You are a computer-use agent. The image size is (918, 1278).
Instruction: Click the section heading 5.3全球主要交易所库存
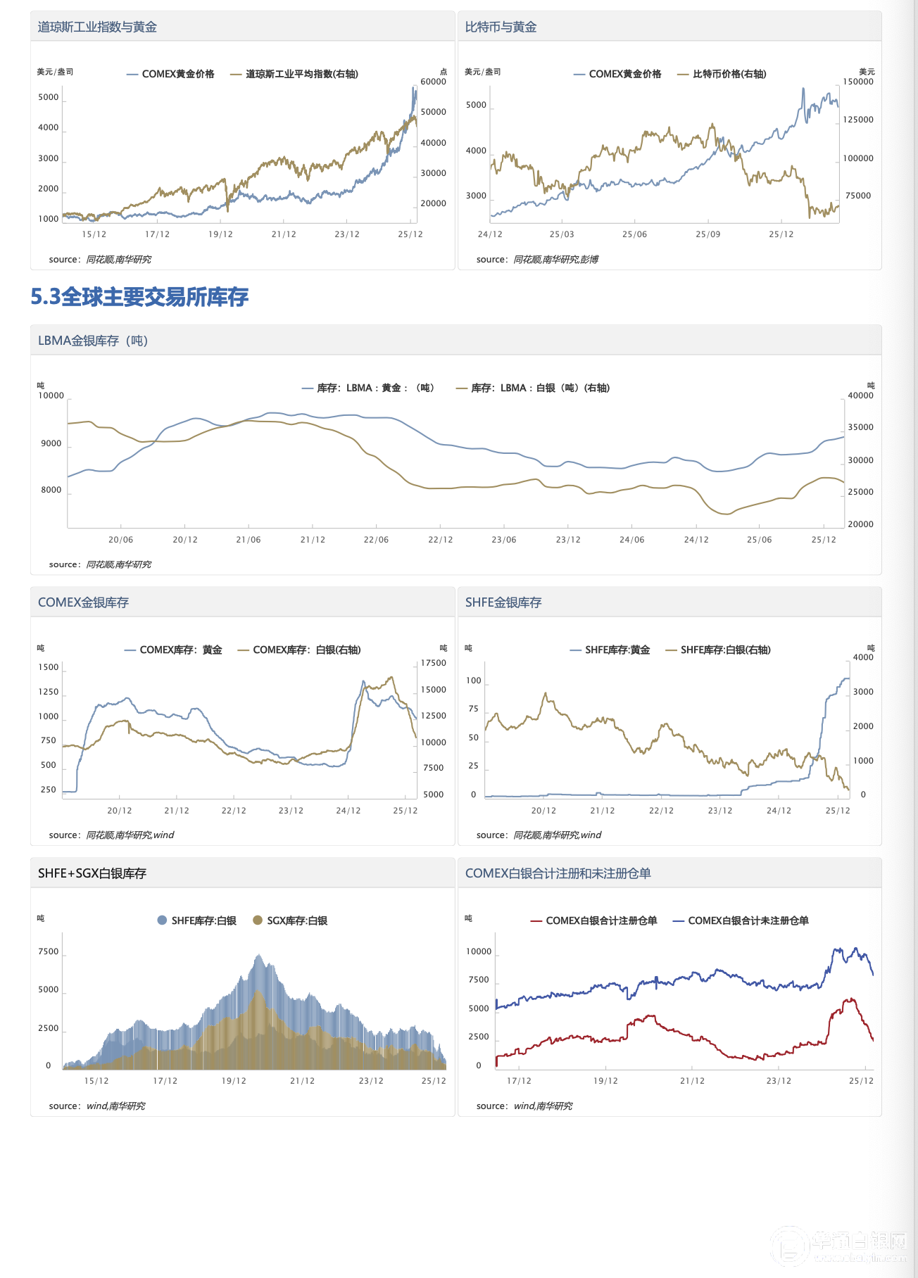(x=139, y=297)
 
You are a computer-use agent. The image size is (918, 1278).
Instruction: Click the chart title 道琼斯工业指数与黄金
(x=97, y=27)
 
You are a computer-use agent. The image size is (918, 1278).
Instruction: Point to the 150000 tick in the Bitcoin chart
(x=858, y=82)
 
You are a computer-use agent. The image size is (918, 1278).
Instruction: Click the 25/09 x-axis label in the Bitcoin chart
(x=708, y=234)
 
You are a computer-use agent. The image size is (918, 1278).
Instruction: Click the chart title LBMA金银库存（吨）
(x=93, y=341)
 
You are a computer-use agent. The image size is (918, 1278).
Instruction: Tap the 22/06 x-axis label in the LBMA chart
(x=376, y=540)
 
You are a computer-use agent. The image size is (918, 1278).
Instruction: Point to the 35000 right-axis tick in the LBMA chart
(x=860, y=427)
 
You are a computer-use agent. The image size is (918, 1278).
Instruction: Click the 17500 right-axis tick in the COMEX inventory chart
(x=433, y=663)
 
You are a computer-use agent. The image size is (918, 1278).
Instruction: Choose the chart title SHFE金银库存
(x=503, y=602)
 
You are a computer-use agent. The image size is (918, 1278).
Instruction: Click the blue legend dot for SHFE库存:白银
(x=162, y=920)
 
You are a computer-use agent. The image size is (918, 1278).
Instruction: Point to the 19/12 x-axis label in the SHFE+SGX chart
(x=234, y=1081)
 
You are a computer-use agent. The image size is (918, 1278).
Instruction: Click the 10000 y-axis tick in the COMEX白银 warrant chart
(x=479, y=951)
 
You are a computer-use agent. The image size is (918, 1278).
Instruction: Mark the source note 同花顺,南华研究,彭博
(x=555, y=260)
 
